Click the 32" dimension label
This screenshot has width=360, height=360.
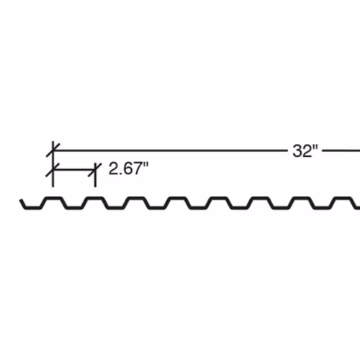point(305,151)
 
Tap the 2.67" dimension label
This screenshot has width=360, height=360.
point(129,168)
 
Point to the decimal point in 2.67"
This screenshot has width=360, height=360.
point(121,174)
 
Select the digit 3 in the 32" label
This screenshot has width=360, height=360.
point(297,151)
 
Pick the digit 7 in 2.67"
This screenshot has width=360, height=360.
point(139,168)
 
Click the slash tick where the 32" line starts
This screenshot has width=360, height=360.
point(53,150)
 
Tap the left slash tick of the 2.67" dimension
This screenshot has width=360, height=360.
point(53,170)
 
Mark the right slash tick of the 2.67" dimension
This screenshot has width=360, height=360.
point(95,170)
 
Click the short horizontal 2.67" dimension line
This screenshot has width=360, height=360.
point(74,170)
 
